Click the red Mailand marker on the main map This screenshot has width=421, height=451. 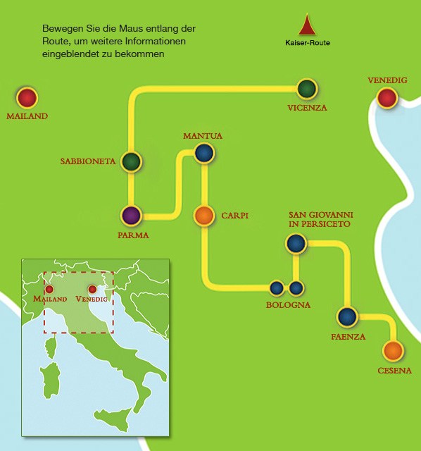(x=27, y=98)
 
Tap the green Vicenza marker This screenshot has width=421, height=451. (x=307, y=89)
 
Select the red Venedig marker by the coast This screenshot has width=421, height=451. (x=387, y=98)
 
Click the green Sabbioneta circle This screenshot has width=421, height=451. (x=132, y=161)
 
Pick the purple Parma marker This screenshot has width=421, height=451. (x=132, y=216)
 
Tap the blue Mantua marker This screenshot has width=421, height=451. (x=204, y=153)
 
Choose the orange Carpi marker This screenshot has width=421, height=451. (x=204, y=216)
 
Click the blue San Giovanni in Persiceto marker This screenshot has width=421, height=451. (x=296, y=243)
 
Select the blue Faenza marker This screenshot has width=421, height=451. (x=348, y=316)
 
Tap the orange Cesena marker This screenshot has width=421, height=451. (x=393, y=351)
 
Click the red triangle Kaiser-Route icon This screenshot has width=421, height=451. (x=307, y=25)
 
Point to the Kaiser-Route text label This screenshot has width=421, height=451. (x=308, y=43)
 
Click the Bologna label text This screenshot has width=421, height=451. (x=288, y=305)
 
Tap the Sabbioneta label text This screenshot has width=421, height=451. (x=88, y=161)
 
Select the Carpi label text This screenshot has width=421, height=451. (x=234, y=216)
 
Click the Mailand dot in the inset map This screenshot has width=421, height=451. (x=49, y=289)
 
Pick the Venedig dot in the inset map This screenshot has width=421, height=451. (x=92, y=289)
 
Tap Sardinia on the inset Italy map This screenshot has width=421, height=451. (x=51, y=381)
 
